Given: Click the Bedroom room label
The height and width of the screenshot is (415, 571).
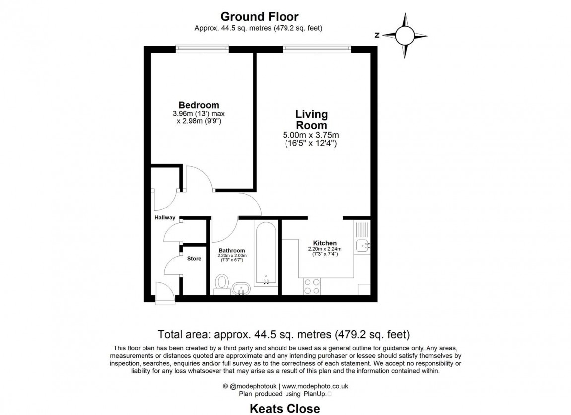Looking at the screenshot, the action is (199, 105).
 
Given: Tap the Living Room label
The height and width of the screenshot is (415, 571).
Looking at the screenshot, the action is (311, 120).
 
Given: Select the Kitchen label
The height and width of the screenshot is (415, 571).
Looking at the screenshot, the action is (325, 243).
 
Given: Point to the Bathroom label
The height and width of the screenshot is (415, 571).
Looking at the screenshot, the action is (231, 251).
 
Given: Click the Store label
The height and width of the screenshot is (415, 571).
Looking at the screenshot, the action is (194, 259).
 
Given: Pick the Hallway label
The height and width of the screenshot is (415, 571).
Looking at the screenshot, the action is (165, 218).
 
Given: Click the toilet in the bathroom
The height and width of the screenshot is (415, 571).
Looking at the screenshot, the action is (221, 284).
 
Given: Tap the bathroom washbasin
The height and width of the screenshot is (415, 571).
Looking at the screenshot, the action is (241, 289).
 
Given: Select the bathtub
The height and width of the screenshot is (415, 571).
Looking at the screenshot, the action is (266, 254).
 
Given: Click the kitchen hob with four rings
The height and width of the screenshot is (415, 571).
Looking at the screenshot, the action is (312, 286).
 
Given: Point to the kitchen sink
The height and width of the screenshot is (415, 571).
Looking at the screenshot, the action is (362, 246).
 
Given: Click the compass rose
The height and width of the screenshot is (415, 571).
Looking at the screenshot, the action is (405, 35).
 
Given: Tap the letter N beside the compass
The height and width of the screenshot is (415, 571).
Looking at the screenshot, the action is (377, 35).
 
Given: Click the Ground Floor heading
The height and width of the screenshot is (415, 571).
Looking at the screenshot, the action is (260, 17).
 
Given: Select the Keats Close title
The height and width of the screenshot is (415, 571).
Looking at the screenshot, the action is (285, 409).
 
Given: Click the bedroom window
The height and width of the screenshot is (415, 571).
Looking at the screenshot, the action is (202, 49).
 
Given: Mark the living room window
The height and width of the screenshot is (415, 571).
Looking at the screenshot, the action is (317, 49).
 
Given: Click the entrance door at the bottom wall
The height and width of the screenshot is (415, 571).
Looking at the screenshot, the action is (165, 293).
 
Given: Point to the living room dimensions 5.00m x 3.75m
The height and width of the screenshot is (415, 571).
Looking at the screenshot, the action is (311, 135).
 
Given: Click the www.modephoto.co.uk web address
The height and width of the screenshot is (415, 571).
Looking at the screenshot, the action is (315, 386).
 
